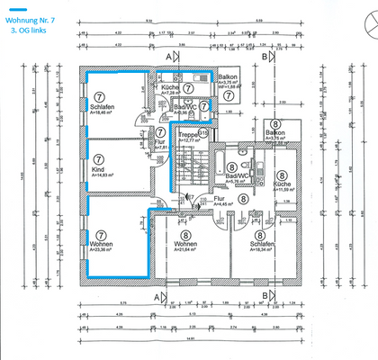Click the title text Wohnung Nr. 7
[x=33, y=17]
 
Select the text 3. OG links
[x=30, y=30]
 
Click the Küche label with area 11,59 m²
[x=283, y=184]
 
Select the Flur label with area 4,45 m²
[x=217, y=202]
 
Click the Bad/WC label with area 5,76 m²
[x=236, y=176]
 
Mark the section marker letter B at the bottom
[x=264, y=296]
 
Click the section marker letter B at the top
[x=264, y=55]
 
